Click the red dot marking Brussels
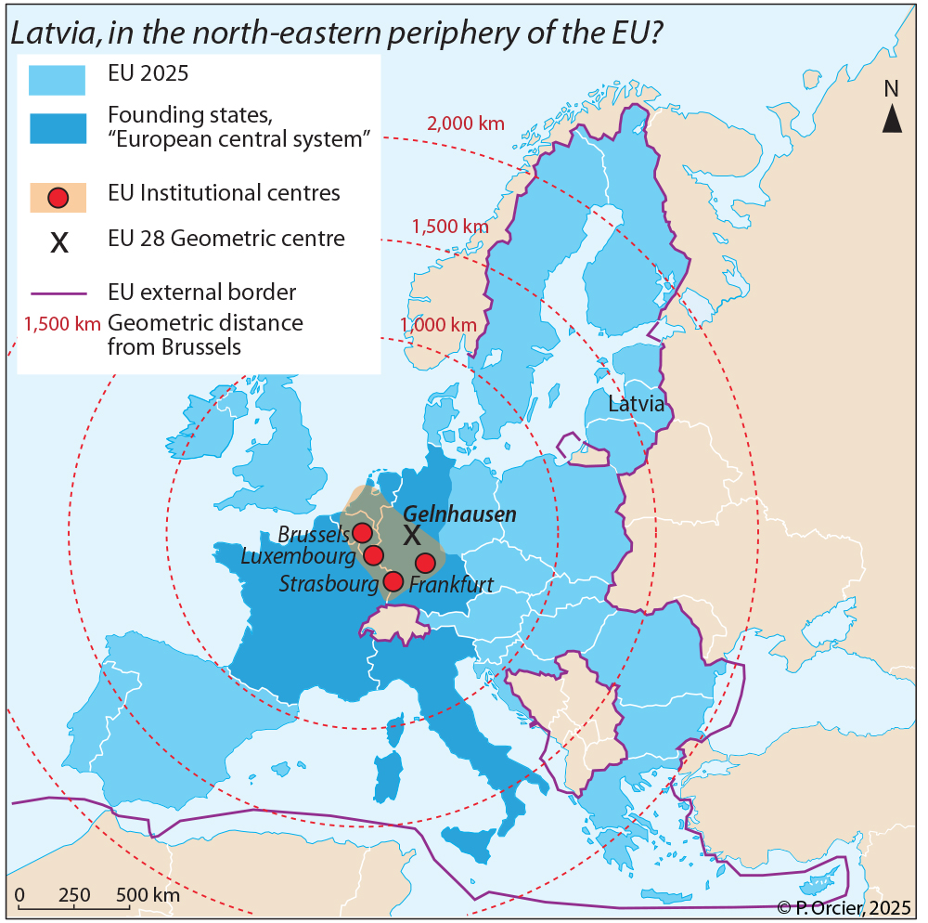pos(362,532)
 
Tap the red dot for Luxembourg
pos(373,555)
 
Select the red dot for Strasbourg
pos(393,582)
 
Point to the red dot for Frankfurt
pos(425,563)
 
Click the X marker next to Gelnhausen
pos(411,535)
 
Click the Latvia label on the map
pos(636,404)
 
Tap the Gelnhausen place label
pos(459,513)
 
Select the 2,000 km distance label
pos(465,123)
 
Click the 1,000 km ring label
pos(438,325)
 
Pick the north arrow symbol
pos(891,118)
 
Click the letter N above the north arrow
pos(891,89)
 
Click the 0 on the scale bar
pos(19,896)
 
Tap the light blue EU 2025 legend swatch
pos(57,80)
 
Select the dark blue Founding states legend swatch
pos(57,129)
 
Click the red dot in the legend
pos(58,197)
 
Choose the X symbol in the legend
pos(58,243)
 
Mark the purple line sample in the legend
pos(57,293)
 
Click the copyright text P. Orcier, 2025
pos(844,907)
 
